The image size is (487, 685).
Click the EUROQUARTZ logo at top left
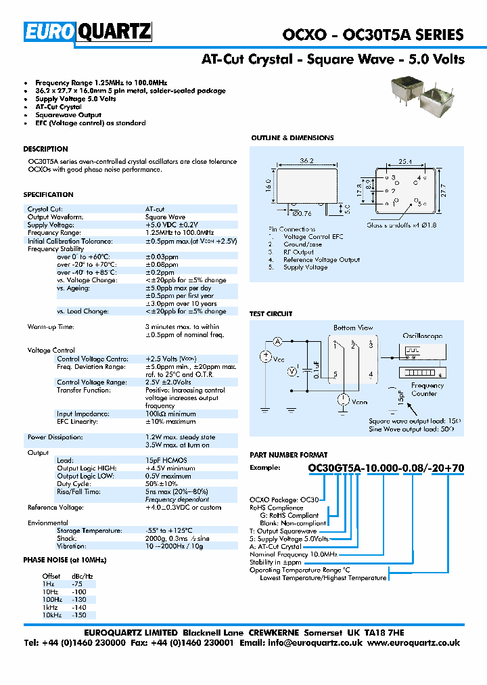88,32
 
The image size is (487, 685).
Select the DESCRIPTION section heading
46,149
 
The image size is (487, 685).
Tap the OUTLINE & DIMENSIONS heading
292,138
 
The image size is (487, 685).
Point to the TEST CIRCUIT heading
271,314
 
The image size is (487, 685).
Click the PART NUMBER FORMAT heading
289,455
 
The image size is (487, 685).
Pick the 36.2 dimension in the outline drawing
306,161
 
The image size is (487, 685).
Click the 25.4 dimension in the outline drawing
405,162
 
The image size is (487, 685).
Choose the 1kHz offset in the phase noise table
51,607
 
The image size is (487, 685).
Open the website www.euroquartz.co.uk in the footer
415,643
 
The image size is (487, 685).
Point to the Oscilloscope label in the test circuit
423,336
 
